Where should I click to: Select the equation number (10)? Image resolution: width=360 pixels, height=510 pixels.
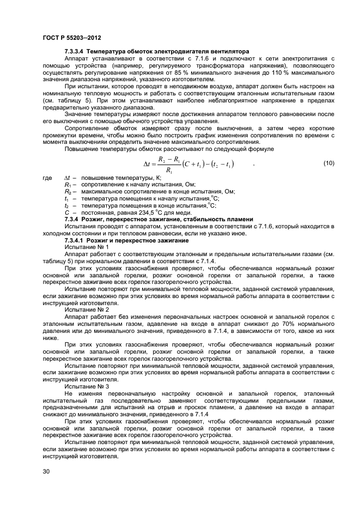tap(328, 163)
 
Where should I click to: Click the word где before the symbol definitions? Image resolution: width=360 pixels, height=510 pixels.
tap(47, 178)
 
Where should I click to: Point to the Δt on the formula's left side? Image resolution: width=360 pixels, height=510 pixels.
tap(148, 163)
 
